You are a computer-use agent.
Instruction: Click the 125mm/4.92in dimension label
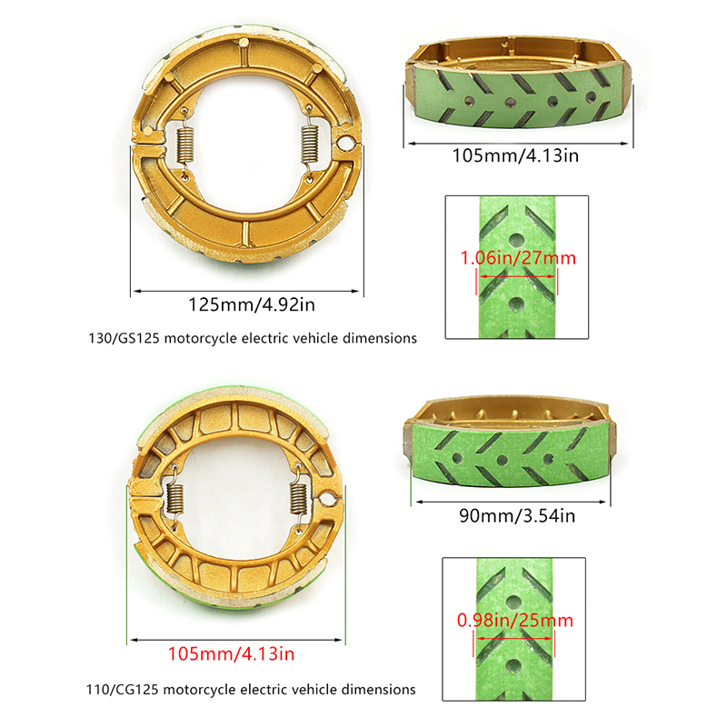tap(252, 305)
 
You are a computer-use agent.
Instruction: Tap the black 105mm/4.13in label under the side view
tap(515, 155)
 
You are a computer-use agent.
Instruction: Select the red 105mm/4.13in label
tap(232, 654)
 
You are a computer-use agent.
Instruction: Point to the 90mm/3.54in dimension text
tap(517, 516)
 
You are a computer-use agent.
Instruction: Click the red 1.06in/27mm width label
tap(518, 258)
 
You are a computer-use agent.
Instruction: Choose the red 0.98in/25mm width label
tap(515, 621)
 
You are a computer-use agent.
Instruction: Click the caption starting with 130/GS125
tap(253, 338)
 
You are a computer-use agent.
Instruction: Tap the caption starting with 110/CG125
tap(251, 690)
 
